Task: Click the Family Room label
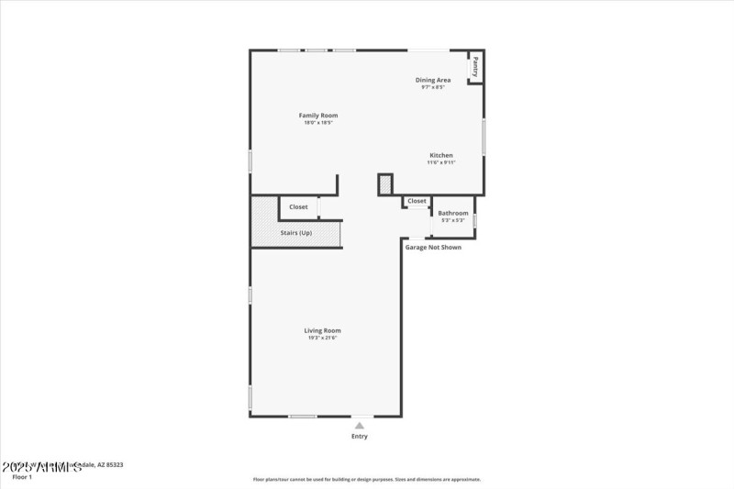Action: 318,115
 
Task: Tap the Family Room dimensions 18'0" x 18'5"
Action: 318,122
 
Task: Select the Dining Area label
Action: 432,80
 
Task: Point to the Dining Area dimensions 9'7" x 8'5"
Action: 432,87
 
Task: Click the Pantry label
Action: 475,66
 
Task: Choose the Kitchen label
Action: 440,155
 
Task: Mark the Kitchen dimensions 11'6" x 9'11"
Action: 440,162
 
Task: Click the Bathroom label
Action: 453,213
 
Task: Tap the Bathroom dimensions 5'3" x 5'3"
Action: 453,220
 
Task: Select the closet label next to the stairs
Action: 298,207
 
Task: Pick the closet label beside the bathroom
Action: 417,201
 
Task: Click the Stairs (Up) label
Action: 296,233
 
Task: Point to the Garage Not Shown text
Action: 433,247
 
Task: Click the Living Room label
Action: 323,330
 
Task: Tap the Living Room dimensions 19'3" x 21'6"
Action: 323,338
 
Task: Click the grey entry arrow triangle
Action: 360,425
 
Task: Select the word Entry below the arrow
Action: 360,436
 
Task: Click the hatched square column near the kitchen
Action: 385,184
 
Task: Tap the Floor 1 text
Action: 21,477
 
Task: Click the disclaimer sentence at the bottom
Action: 367,479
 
